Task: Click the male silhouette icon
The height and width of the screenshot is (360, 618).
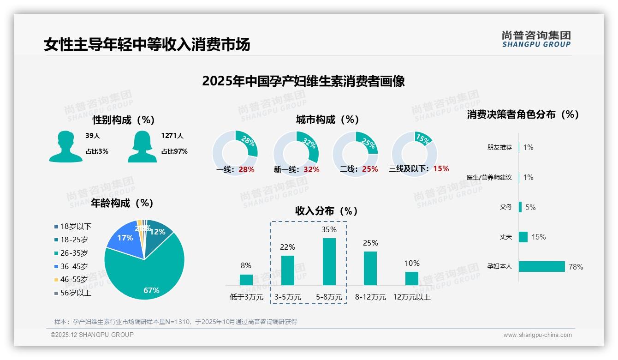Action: click(x=65, y=146)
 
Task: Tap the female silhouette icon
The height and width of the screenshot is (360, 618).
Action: click(x=142, y=146)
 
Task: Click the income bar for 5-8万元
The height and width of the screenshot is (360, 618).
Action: click(x=329, y=261)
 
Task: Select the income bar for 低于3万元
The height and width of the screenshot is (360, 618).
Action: click(x=246, y=280)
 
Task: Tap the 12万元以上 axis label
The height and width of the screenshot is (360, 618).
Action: click(x=411, y=297)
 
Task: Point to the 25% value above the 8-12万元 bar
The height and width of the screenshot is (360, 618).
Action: click(x=370, y=243)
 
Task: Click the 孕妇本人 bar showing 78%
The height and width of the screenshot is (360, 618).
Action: click(x=542, y=266)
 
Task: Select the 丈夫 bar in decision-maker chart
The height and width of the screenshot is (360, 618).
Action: click(x=523, y=237)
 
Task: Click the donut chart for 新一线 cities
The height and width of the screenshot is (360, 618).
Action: click(x=296, y=153)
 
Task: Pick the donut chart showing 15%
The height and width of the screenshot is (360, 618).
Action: click(x=414, y=153)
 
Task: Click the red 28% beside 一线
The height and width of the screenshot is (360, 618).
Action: click(x=247, y=169)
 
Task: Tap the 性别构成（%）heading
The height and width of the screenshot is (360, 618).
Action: click(x=124, y=120)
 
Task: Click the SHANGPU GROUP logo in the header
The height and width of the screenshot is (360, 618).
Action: click(x=536, y=39)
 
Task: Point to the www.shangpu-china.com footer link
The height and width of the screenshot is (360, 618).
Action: click(x=537, y=335)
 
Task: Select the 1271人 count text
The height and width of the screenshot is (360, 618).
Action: click(x=172, y=136)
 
